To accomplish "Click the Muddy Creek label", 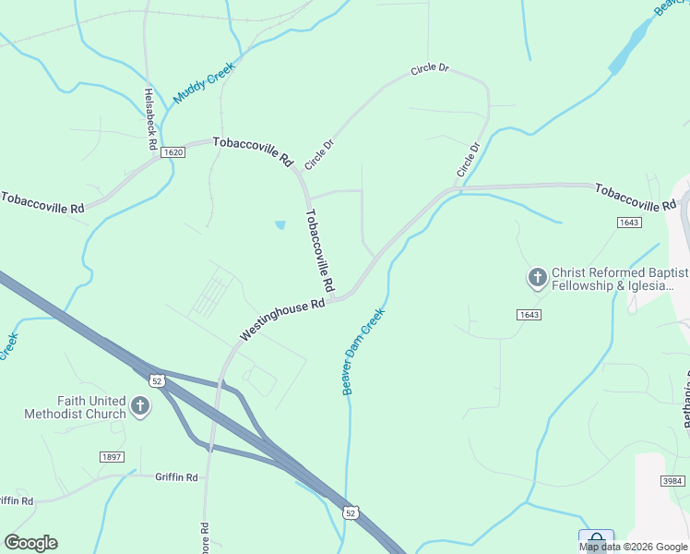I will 205,83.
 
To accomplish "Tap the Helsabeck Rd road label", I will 150,113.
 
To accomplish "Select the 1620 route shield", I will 172,152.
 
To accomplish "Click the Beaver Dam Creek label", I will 363,352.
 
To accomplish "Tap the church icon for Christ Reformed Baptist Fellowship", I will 537,277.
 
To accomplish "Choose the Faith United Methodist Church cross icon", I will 139,406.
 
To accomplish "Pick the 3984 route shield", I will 674,480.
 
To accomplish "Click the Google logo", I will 30,543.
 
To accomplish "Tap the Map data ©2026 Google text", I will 632,547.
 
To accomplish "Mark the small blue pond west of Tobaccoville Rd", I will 280,224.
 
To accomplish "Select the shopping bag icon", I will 596,540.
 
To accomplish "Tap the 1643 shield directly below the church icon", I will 529,315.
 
